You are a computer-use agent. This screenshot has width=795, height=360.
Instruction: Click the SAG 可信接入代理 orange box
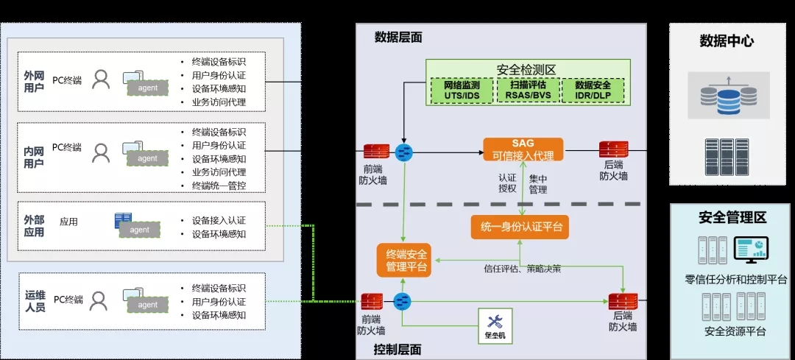(523, 149)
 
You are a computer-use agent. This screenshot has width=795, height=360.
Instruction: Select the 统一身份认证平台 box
(520, 227)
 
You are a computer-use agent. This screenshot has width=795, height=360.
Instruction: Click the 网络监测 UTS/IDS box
(462, 91)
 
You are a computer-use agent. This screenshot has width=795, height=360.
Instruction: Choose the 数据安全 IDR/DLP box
(592, 91)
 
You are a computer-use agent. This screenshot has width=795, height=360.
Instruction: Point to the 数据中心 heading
(726, 41)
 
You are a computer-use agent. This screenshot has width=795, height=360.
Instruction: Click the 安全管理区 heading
(732, 217)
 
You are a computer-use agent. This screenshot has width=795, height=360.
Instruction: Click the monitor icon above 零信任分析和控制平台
(751, 250)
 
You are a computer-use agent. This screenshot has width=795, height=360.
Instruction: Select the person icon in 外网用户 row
(101, 79)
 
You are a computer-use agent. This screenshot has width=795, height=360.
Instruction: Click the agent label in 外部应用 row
(139, 230)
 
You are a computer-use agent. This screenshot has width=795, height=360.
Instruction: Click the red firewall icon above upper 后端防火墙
(613, 150)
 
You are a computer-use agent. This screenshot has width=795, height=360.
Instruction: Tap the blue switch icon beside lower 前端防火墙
(403, 302)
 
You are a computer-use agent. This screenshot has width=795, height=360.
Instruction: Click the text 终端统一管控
(219, 186)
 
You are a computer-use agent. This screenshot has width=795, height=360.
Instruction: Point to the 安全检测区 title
(526, 69)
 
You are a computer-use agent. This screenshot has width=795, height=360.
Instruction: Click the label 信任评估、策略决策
(522, 269)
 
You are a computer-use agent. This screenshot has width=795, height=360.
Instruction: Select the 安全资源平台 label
(735, 331)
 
